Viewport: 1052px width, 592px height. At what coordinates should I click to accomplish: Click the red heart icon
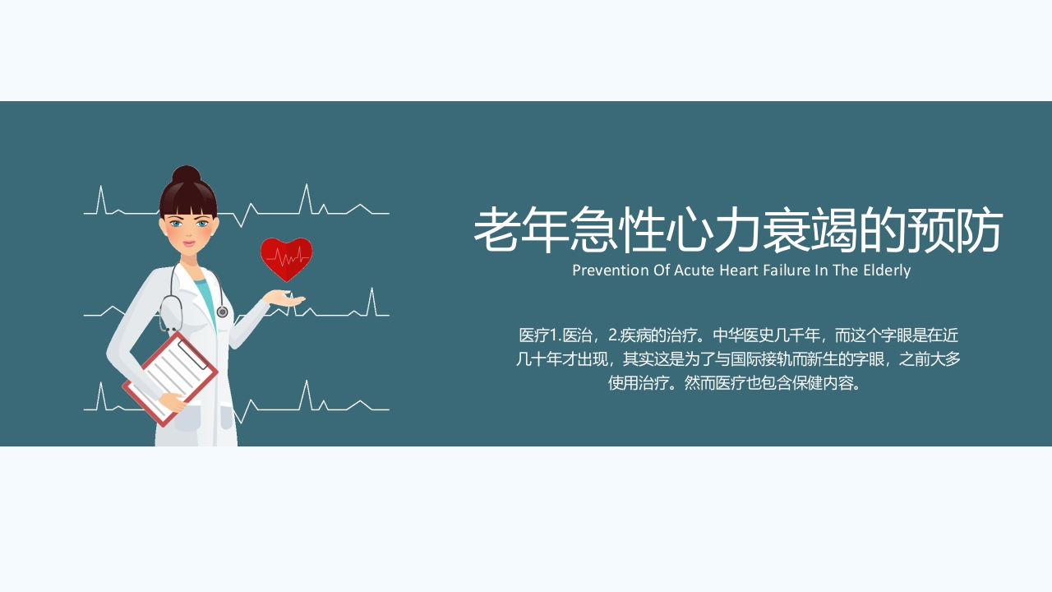(x=286, y=258)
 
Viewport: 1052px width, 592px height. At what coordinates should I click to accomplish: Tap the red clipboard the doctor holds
(x=170, y=379)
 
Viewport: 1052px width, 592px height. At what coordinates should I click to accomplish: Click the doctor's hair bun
(x=187, y=174)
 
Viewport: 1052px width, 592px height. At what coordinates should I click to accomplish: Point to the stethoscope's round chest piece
(x=222, y=312)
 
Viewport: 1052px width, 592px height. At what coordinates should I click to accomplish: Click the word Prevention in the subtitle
(x=611, y=271)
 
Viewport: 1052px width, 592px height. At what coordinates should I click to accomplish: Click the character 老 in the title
(x=501, y=230)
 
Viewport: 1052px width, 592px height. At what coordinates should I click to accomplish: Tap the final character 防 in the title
(x=977, y=230)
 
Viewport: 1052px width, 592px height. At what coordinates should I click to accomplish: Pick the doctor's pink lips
(x=190, y=243)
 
